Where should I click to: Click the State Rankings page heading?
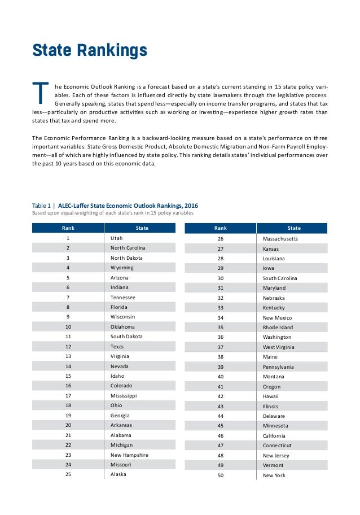click(x=90, y=51)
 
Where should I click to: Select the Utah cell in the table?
click(x=116, y=239)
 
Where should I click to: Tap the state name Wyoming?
click(x=122, y=268)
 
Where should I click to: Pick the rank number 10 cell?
click(x=68, y=326)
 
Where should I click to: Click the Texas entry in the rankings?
click(x=117, y=346)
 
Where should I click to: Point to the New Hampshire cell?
click(x=129, y=455)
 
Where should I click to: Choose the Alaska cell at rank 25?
click(x=118, y=474)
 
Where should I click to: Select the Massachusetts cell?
click(x=280, y=239)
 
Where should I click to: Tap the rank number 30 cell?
click(x=221, y=278)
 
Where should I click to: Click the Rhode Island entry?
click(x=278, y=327)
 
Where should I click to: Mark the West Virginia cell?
click(x=279, y=347)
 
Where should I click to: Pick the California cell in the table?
click(x=274, y=436)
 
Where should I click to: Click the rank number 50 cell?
click(x=221, y=475)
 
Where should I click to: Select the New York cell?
click(x=274, y=475)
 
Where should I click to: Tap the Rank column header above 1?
click(x=68, y=228)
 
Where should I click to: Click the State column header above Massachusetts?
click(x=294, y=228)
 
